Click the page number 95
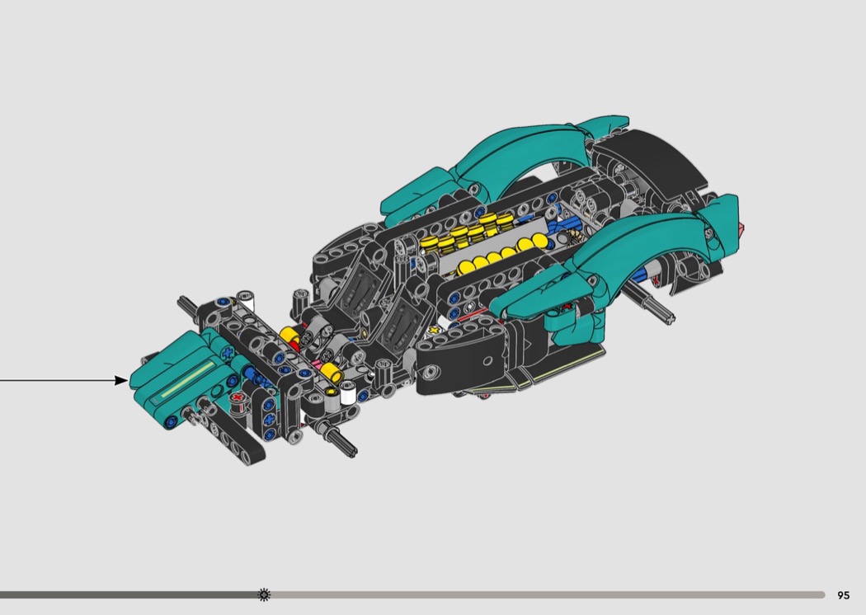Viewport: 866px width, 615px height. tap(843, 595)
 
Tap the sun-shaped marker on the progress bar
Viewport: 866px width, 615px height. tap(264, 594)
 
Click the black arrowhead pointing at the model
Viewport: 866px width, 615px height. tap(121, 380)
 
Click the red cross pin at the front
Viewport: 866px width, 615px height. tap(238, 397)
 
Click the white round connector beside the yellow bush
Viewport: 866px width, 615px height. tap(348, 393)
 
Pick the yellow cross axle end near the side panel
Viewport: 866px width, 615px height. tap(434, 331)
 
